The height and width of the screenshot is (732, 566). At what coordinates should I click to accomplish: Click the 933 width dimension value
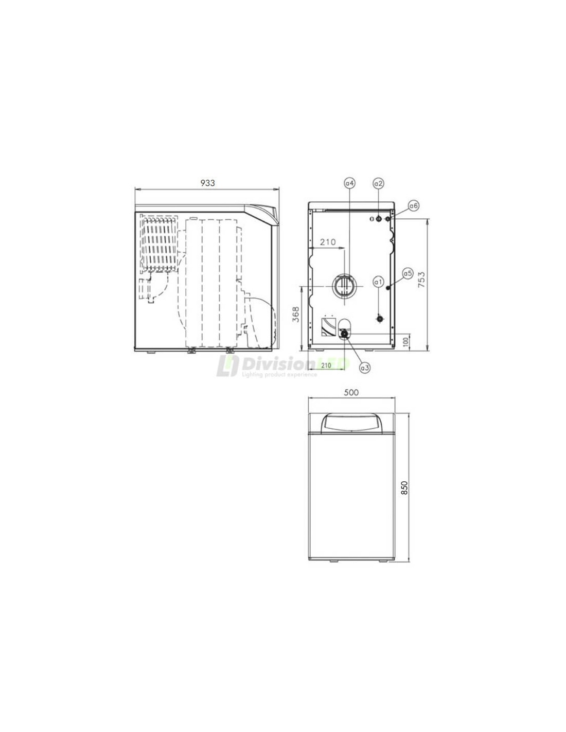[x=207, y=183]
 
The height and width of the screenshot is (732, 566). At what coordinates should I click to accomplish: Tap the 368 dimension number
[x=296, y=314]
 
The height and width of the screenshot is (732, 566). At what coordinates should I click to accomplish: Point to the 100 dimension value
[x=405, y=342]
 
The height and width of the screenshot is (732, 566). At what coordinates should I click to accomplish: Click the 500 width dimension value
[x=351, y=392]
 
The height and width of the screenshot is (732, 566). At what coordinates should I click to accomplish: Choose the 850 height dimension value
[x=405, y=488]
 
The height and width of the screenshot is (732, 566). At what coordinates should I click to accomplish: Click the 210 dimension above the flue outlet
[x=328, y=242]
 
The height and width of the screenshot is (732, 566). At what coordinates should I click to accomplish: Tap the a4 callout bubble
[x=350, y=183]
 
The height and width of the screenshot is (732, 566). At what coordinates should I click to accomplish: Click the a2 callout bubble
[x=379, y=183]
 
